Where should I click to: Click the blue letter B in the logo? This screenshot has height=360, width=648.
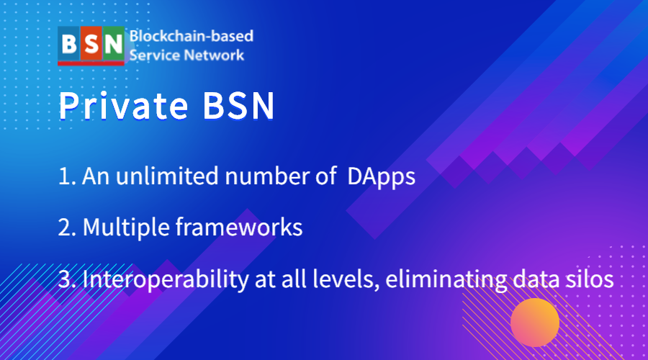(x=68, y=43)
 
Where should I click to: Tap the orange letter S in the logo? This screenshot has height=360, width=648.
(x=91, y=44)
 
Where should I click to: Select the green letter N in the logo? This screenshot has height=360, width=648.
(x=113, y=44)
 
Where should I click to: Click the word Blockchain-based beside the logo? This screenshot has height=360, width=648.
(x=192, y=36)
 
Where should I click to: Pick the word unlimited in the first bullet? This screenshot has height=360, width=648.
(x=167, y=176)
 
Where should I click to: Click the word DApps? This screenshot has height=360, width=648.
(x=381, y=177)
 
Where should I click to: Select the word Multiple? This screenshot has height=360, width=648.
(x=126, y=228)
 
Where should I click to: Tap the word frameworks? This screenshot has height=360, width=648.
(x=239, y=227)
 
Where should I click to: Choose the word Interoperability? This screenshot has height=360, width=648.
(x=166, y=280)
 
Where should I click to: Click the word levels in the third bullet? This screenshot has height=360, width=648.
(x=346, y=279)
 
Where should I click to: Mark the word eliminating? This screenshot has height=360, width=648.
(x=446, y=280)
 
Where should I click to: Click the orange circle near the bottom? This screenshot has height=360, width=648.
(x=535, y=323)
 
